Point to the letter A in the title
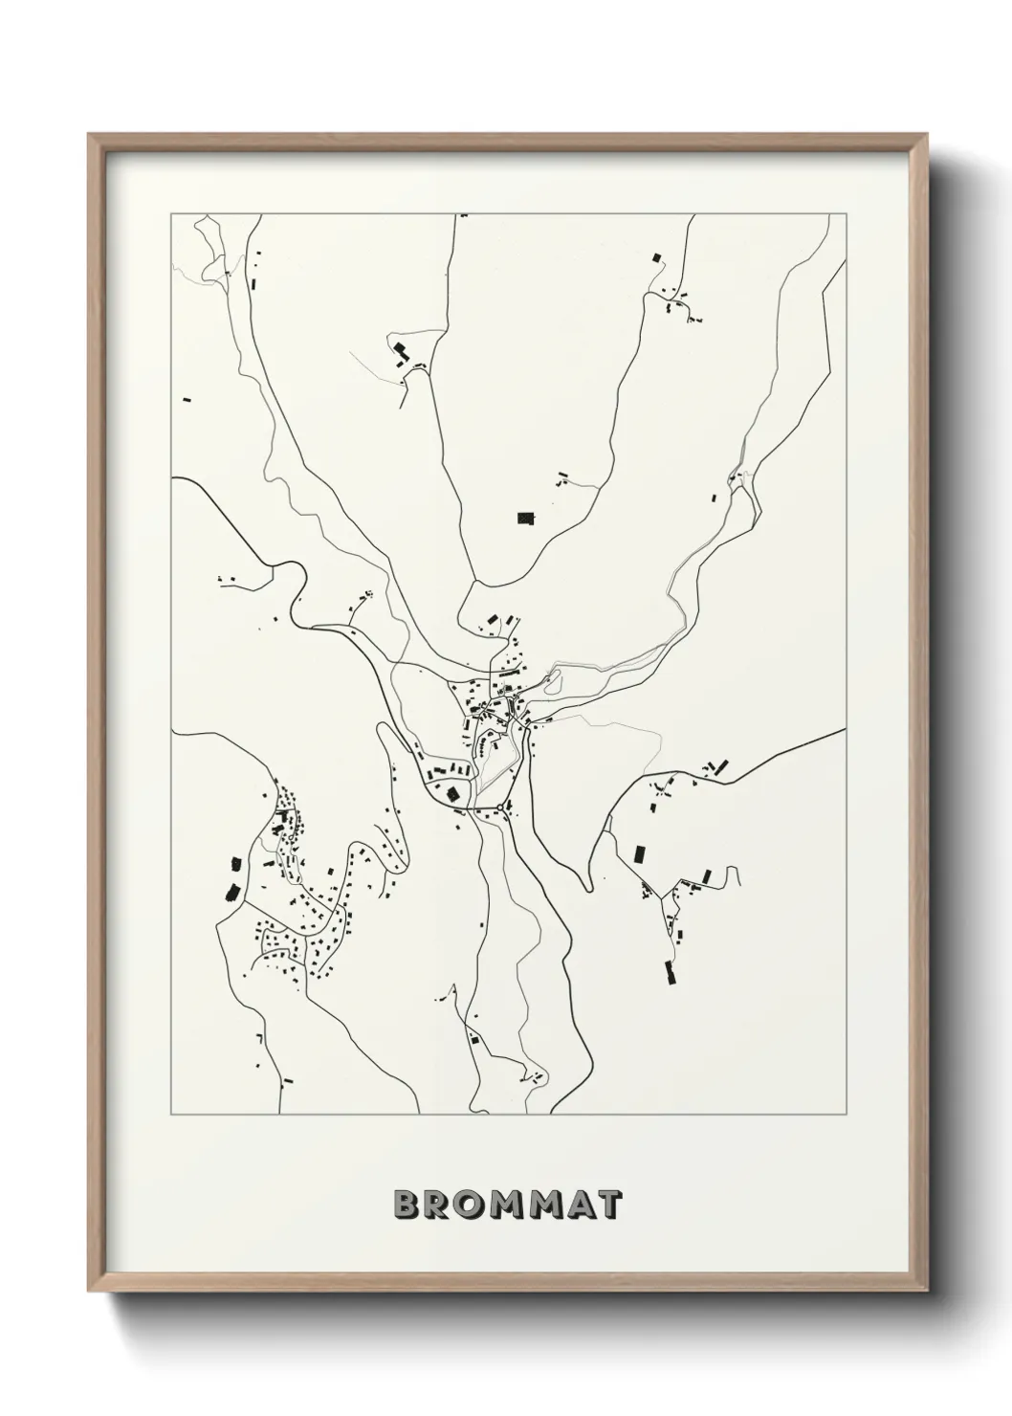coord(576,1204)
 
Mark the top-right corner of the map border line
coord(846,214)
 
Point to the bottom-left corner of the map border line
coord(172,1115)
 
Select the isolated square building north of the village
coord(525,519)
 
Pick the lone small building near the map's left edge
coord(187,396)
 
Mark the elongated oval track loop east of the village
coord(551,680)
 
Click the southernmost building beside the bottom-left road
coord(286,1081)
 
